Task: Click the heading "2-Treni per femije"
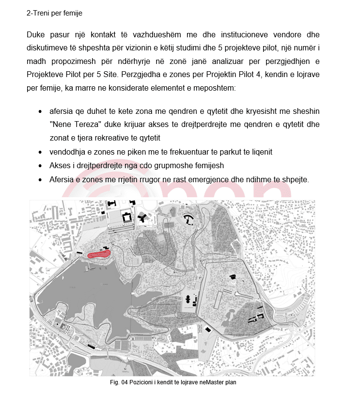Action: coord(54,13)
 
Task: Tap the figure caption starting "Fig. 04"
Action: coord(173,382)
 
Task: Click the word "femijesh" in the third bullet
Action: coord(217,166)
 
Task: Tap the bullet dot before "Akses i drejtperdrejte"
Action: coord(40,166)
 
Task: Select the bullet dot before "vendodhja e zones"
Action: coord(40,152)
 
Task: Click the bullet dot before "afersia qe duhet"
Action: coord(40,111)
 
